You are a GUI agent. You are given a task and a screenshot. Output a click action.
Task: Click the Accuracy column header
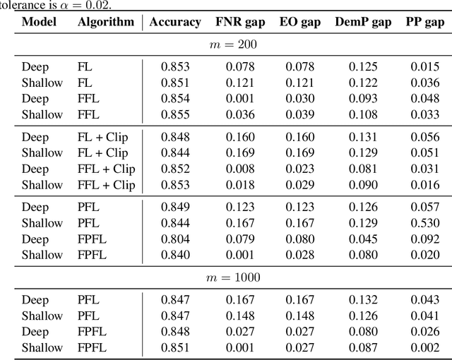175,22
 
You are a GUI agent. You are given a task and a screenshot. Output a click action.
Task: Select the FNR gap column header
240,22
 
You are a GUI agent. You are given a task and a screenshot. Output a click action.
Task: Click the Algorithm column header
106,22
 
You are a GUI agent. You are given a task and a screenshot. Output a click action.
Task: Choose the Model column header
40,22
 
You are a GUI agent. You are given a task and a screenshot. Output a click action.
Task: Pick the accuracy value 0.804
175,239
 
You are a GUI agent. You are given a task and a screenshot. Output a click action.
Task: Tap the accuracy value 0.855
175,115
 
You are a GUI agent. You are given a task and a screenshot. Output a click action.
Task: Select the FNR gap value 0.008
240,169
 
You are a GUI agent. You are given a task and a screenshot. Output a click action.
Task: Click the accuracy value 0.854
175,99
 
